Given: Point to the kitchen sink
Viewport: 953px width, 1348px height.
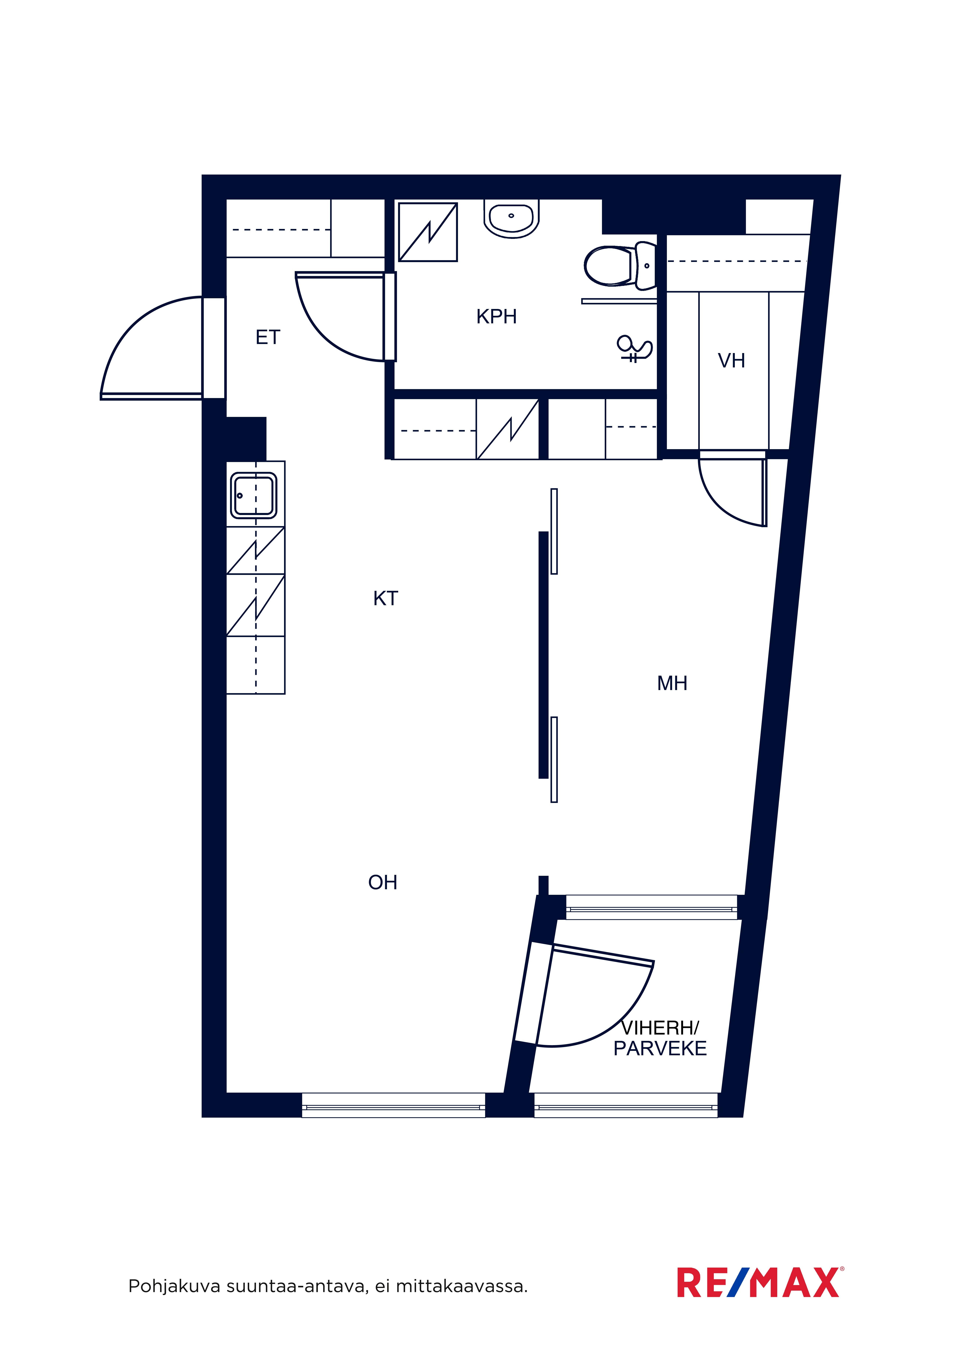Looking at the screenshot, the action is (254, 495).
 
